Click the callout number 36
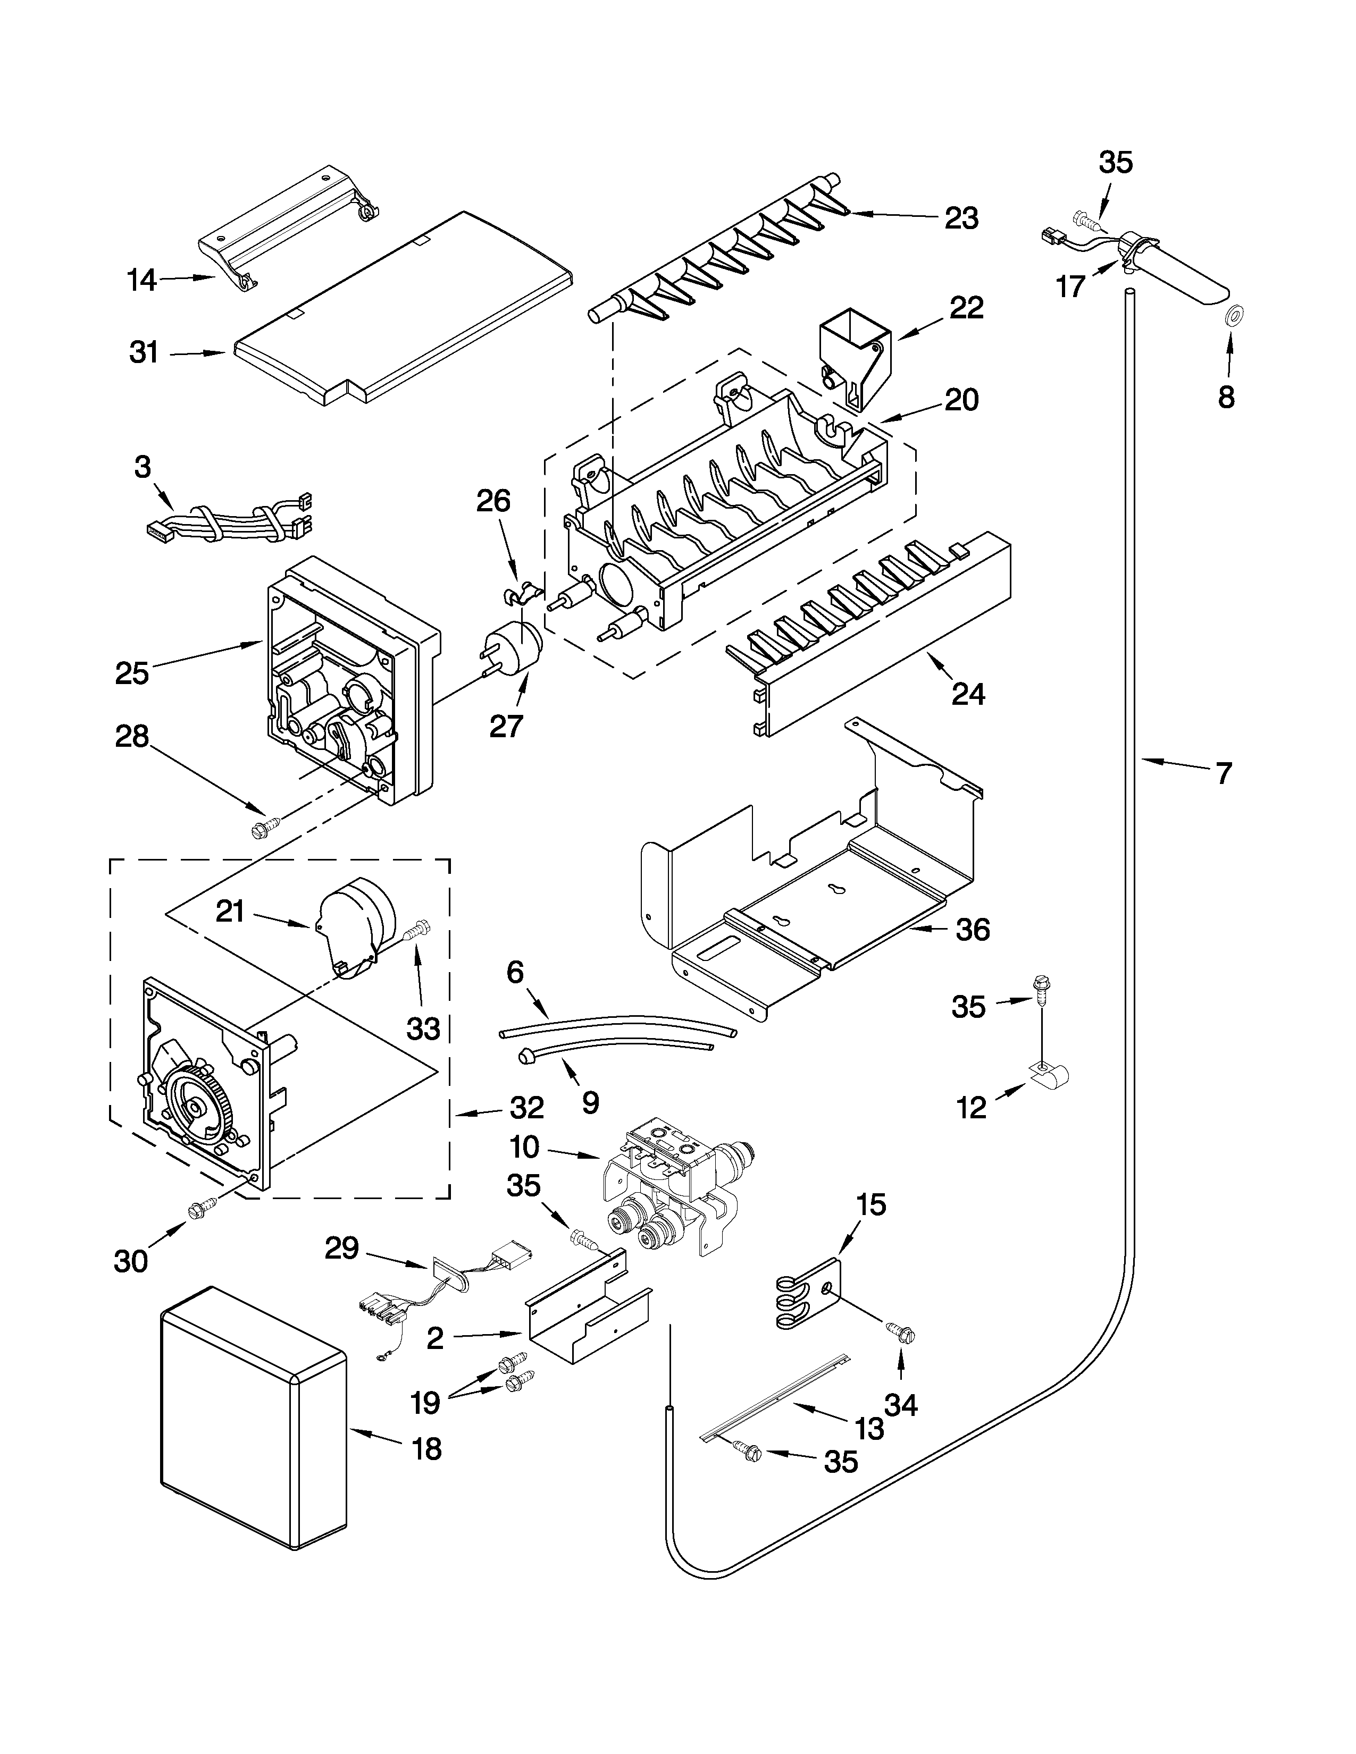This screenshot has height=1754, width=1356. (x=972, y=930)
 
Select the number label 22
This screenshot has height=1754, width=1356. (x=966, y=308)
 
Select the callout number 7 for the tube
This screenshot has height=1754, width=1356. (x=1222, y=773)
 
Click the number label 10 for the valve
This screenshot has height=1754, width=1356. (x=524, y=1147)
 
